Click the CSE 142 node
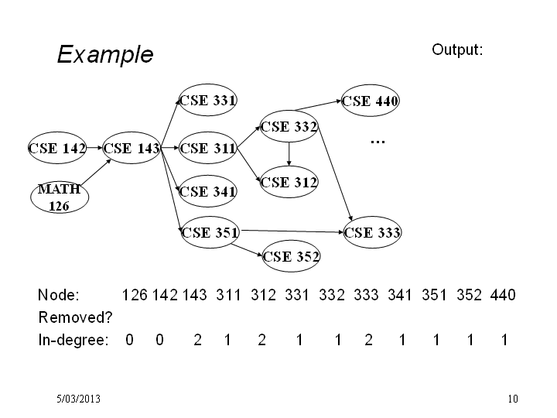click(x=57, y=148)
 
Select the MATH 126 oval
click(x=60, y=197)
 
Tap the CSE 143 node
click(x=132, y=148)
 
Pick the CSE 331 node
click(x=208, y=100)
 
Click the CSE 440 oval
click(x=370, y=100)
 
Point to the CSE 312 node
click(x=289, y=182)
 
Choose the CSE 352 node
click(x=291, y=256)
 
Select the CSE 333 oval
click(x=372, y=232)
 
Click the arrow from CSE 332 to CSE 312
click(x=289, y=154)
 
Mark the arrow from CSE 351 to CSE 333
click(x=292, y=231)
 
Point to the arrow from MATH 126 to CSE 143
click(x=96, y=172)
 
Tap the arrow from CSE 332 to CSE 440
click(x=318, y=105)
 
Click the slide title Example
click(x=105, y=55)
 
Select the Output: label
click(x=457, y=50)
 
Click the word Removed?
click(x=75, y=317)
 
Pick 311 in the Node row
click(x=228, y=295)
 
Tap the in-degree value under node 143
click(x=198, y=340)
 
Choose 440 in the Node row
click(x=503, y=295)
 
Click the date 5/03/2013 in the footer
click(x=78, y=399)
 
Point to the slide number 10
click(x=513, y=399)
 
